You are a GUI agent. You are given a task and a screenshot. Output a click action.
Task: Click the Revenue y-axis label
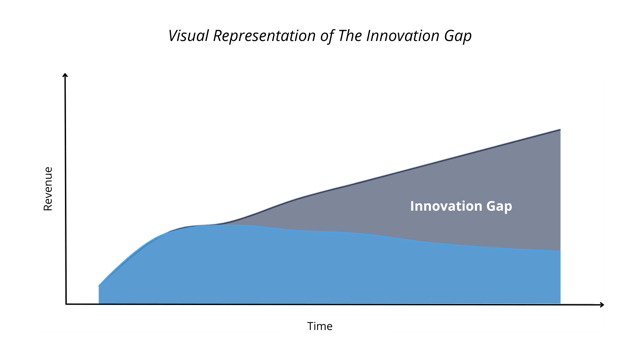pyautogui.click(x=47, y=188)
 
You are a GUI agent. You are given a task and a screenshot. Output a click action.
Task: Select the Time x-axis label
pyautogui.click(x=320, y=326)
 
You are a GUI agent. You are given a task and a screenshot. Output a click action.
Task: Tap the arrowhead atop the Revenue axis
pyautogui.click(x=66, y=77)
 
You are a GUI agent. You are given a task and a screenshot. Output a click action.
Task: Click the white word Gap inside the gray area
pyautogui.click(x=499, y=206)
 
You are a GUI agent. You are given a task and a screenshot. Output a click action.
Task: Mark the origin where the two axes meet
pyautogui.click(x=66, y=304)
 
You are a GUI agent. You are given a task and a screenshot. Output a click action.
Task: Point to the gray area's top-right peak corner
pyautogui.click(x=560, y=130)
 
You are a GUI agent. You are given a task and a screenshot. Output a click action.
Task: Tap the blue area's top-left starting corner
pyautogui.click(x=99, y=285)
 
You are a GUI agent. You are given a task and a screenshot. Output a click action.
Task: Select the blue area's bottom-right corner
pyautogui.click(x=559, y=302)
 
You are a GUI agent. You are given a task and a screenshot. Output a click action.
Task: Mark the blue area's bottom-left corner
pyautogui.click(x=99, y=302)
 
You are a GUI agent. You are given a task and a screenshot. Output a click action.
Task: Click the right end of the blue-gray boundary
pyautogui.click(x=560, y=251)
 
